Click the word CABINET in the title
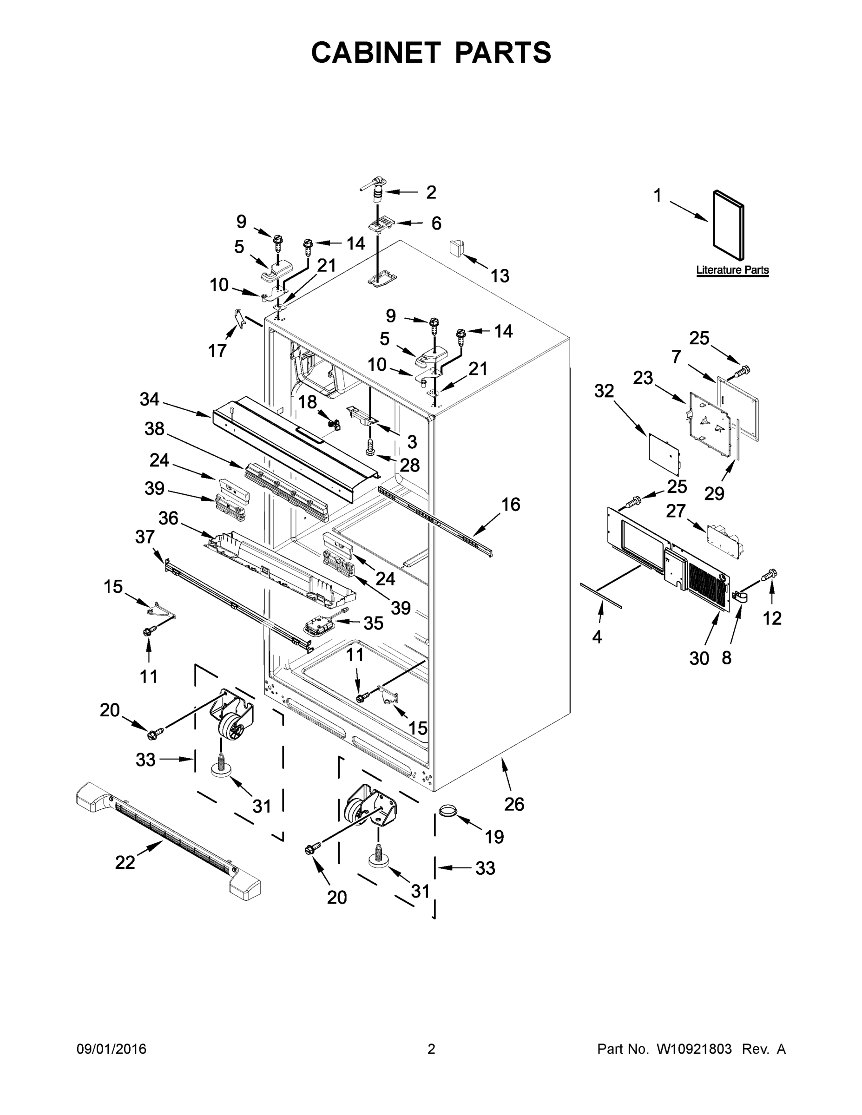point(376,52)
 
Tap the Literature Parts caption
point(732,270)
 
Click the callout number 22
point(125,862)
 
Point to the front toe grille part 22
point(169,837)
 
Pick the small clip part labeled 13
point(455,248)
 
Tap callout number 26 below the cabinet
point(514,804)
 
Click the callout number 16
point(511,505)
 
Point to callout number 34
point(150,399)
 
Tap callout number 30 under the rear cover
point(699,659)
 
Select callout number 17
point(217,351)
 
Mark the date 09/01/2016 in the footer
point(112,1049)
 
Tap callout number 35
point(373,623)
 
